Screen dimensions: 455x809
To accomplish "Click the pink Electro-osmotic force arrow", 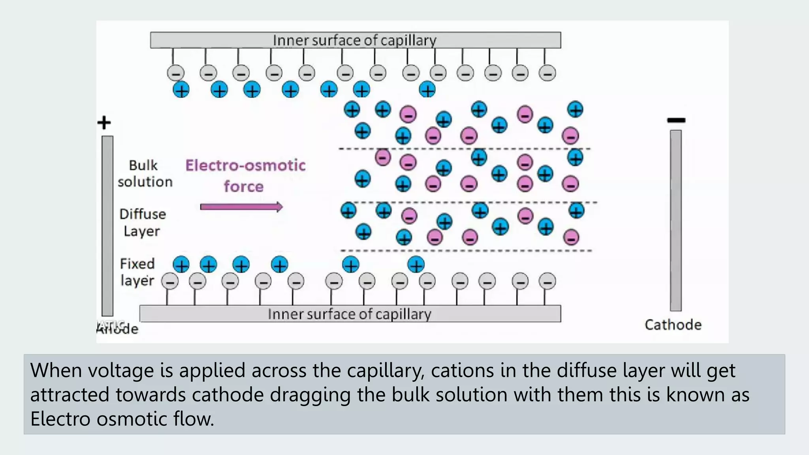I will tap(241, 207).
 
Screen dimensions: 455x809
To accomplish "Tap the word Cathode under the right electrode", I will tap(673, 325).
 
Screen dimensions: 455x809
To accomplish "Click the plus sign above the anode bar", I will tap(104, 122).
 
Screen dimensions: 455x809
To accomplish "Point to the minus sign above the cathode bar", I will tap(676, 120).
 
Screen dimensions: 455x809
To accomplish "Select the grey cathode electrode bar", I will tap(676, 220).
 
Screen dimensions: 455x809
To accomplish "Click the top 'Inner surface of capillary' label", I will tap(354, 40).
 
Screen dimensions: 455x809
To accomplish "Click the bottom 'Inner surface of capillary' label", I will tap(349, 314).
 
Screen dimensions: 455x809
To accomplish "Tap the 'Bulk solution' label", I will tap(145, 174).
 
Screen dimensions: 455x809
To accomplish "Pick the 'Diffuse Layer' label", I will tap(142, 222).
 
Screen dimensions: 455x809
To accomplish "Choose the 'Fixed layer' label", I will tap(137, 272).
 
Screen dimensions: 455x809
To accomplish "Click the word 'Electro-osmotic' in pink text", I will tap(245, 165).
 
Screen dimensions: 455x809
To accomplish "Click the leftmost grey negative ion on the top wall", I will tap(175, 73).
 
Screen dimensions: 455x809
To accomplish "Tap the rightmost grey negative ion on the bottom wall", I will tap(547, 282).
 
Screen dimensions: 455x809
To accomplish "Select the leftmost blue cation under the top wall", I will tap(181, 90).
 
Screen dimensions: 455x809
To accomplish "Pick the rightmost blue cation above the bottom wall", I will tap(416, 265).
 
